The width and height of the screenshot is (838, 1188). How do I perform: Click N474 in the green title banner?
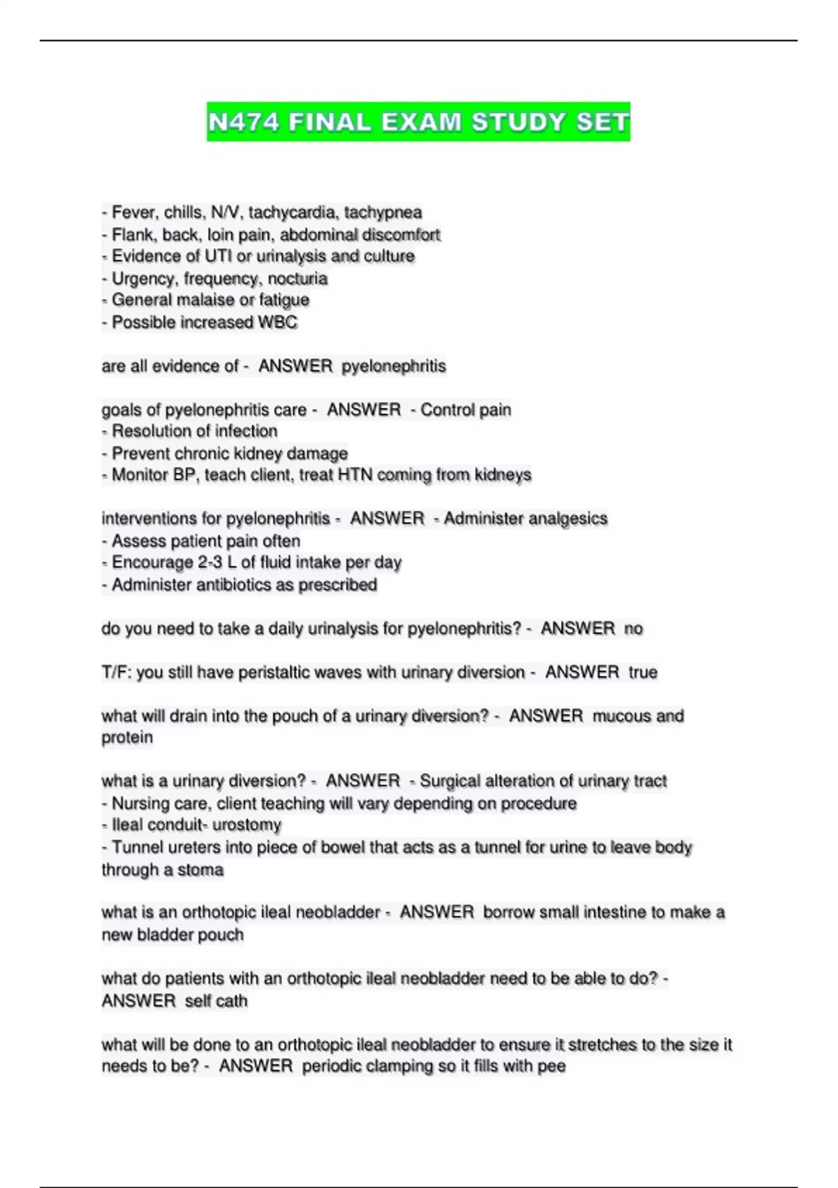coord(244,122)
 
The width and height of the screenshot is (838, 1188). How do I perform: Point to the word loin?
coord(221,234)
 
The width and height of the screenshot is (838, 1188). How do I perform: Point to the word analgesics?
coord(568,519)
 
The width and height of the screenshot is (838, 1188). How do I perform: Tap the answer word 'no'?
coord(633,629)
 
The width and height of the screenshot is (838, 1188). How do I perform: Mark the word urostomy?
coord(247,825)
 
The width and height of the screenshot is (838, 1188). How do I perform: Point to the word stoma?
coord(200,870)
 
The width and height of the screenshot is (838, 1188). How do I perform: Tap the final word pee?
coord(551,1066)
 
